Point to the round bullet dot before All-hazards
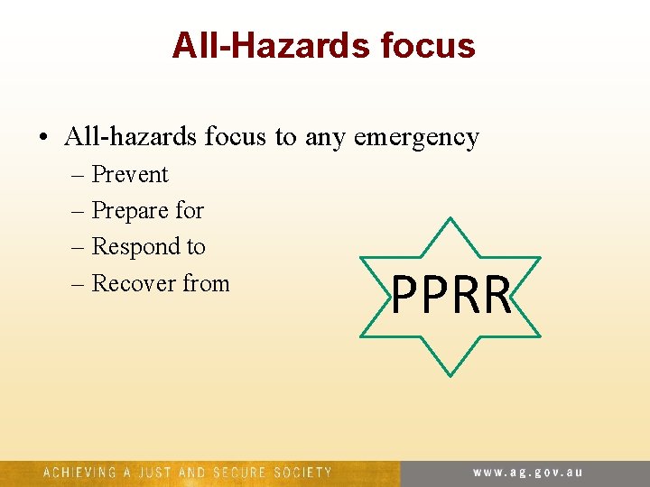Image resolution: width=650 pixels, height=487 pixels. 43,138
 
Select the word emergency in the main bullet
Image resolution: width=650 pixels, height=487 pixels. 416,138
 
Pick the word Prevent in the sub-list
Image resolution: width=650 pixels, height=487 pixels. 130,174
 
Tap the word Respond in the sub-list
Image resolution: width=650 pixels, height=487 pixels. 136,247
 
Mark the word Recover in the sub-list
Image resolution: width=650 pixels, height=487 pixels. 134,283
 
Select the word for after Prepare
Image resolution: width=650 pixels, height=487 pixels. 190,211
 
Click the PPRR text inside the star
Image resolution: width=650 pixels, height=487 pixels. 451,296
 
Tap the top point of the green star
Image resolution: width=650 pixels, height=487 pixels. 450,217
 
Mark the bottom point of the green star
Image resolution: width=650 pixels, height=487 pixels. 450,374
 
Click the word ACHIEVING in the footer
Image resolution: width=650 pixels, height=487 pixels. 79,473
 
